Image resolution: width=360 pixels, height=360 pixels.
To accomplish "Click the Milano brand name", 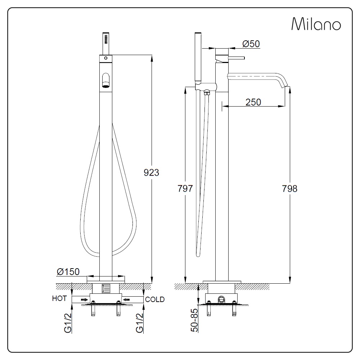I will click(x=316, y=24).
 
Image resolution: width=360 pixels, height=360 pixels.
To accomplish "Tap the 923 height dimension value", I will click(x=152, y=172).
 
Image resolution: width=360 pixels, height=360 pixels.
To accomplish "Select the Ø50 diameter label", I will click(x=251, y=44).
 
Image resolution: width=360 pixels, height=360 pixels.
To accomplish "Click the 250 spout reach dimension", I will click(x=253, y=102).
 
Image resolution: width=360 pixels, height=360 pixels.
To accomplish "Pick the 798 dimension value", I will click(x=290, y=188).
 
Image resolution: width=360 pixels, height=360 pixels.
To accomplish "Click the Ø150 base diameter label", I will click(x=68, y=271).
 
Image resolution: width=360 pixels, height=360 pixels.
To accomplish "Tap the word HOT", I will click(x=59, y=299).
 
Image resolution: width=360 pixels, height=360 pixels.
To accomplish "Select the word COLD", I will click(x=155, y=300).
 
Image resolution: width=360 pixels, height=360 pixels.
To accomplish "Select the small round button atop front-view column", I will click(x=105, y=58).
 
